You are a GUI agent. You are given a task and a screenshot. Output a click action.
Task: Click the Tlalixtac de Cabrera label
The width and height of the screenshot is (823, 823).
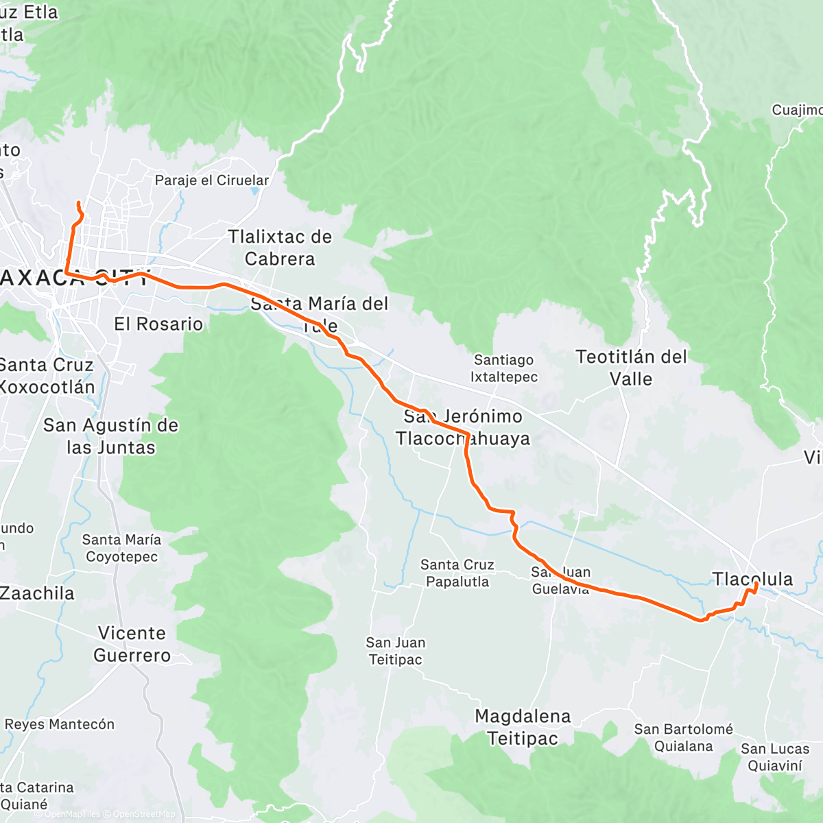click(x=280, y=248)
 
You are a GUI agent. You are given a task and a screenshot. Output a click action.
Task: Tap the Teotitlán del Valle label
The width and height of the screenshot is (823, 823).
click(x=631, y=368)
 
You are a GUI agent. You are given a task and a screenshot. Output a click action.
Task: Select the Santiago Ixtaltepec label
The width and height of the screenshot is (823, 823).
click(x=504, y=368)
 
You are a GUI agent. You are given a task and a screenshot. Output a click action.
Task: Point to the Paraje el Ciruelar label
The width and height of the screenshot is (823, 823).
click(x=212, y=180)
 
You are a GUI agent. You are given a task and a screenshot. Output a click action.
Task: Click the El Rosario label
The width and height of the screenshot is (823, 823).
click(x=158, y=324)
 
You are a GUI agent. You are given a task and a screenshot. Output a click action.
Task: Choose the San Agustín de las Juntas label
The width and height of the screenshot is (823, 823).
click(x=110, y=436)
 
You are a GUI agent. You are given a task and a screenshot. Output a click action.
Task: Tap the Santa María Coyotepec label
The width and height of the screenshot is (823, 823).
click(x=121, y=548)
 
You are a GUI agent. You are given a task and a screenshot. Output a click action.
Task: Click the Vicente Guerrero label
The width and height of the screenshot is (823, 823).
click(x=132, y=644)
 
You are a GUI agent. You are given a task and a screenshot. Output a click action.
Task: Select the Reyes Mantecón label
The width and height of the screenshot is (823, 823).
click(x=60, y=724)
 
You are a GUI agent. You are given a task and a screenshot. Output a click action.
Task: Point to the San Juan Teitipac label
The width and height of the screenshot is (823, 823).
click(x=396, y=651)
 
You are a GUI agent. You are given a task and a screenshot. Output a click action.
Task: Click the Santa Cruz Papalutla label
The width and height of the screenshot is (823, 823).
click(x=457, y=573)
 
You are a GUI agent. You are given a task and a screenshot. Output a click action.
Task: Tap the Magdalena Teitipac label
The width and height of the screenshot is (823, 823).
click(x=523, y=727)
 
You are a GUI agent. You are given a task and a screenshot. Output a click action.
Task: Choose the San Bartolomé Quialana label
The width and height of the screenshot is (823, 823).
click(x=683, y=737)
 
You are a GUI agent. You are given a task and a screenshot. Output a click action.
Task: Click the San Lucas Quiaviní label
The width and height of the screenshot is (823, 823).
click(x=775, y=757)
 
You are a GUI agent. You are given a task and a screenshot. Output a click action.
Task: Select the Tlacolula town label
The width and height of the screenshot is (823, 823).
click(x=752, y=579)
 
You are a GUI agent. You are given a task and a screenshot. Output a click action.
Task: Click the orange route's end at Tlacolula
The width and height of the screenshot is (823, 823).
click(x=755, y=584)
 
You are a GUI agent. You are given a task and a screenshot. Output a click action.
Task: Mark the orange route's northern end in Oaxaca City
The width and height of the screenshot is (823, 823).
click(x=77, y=203)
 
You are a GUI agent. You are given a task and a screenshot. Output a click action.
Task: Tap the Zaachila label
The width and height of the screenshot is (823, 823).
click(x=37, y=593)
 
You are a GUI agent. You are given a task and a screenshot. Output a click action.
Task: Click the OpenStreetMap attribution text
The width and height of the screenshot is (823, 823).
click(x=144, y=815)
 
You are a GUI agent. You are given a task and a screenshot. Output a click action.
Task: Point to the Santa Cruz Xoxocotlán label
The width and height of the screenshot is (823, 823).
click(x=47, y=376)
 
